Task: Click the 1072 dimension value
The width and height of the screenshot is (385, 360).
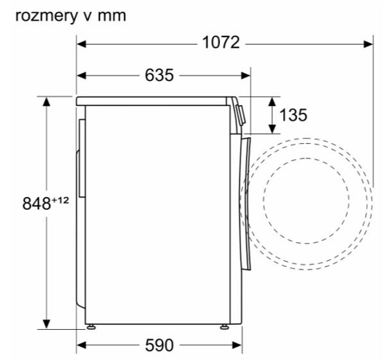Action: [x=220, y=43]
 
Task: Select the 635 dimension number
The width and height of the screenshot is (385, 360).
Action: [x=159, y=75]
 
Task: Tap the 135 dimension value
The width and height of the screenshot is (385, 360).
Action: [x=294, y=115]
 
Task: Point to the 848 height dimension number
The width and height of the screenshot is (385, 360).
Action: [x=36, y=204]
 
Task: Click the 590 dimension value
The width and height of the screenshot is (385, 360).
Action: [x=159, y=345]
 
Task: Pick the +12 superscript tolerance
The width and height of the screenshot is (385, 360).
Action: [x=60, y=200]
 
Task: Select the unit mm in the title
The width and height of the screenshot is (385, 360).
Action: [x=112, y=15]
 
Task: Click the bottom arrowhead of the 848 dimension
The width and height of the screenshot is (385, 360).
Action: [x=47, y=323]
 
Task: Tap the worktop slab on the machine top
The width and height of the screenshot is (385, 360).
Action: [x=154, y=101]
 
